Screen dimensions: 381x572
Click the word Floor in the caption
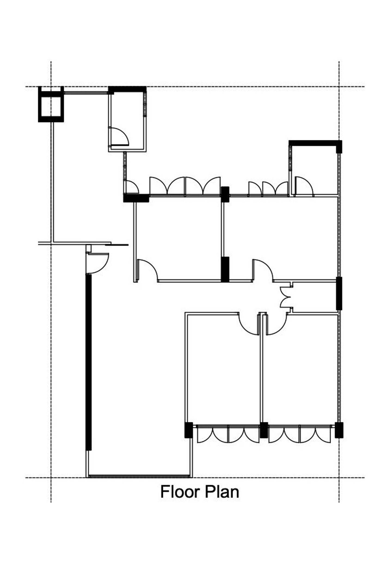click(x=180, y=499)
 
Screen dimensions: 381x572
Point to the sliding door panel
click(x=117, y=245)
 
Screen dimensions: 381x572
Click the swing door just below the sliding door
click(x=98, y=263)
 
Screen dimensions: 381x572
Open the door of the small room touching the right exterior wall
click(x=304, y=186)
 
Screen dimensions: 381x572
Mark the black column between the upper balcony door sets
click(x=225, y=194)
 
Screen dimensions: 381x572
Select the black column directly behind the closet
click(x=339, y=293)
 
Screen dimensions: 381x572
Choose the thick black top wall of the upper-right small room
click(x=315, y=143)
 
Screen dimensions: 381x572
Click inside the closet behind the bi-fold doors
click(x=314, y=297)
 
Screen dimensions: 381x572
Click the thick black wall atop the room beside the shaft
click(x=127, y=89)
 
